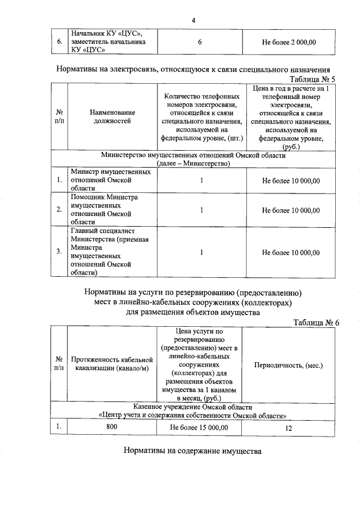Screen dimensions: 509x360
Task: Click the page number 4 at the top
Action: click(x=193, y=21)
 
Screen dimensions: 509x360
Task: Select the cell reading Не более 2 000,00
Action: click(x=290, y=42)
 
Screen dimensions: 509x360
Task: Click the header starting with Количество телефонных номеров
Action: click(x=201, y=116)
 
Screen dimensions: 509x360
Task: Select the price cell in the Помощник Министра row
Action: click(x=290, y=210)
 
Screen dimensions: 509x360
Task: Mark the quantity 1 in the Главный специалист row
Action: click(x=201, y=253)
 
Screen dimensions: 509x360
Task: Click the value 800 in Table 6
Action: click(x=111, y=427)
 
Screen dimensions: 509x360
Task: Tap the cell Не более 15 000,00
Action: click(x=199, y=427)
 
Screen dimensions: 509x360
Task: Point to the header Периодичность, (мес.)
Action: click(x=288, y=365)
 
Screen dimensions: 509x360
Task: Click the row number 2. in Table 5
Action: click(x=59, y=210)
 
